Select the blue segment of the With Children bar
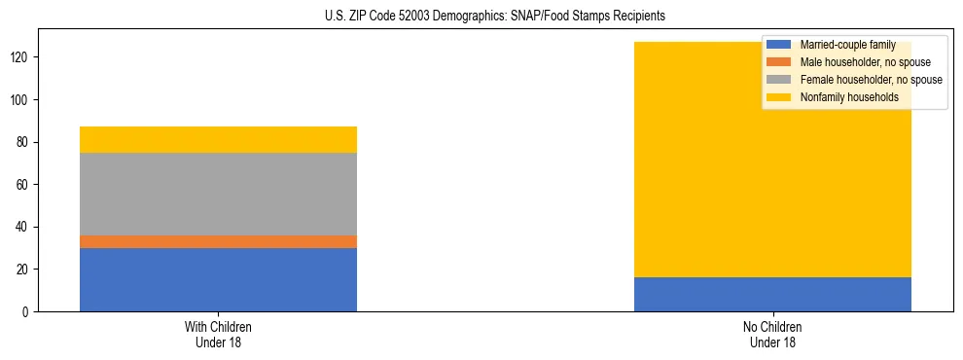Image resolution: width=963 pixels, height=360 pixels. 218,279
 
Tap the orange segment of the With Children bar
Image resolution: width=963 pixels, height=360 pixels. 218,241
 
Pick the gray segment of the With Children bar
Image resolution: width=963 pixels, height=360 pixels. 218,194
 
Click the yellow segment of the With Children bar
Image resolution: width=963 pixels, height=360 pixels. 218,139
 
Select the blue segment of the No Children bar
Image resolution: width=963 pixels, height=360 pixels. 772,294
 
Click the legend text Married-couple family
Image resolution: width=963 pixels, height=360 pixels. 847,45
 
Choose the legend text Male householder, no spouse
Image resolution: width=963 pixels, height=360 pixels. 865,62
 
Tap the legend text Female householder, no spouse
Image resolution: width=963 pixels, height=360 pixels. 871,80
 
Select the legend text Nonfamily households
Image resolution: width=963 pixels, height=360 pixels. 848,97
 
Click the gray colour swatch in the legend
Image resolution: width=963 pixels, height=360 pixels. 779,80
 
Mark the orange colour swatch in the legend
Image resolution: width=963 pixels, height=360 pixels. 779,62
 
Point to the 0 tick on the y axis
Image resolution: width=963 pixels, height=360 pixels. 28,311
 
